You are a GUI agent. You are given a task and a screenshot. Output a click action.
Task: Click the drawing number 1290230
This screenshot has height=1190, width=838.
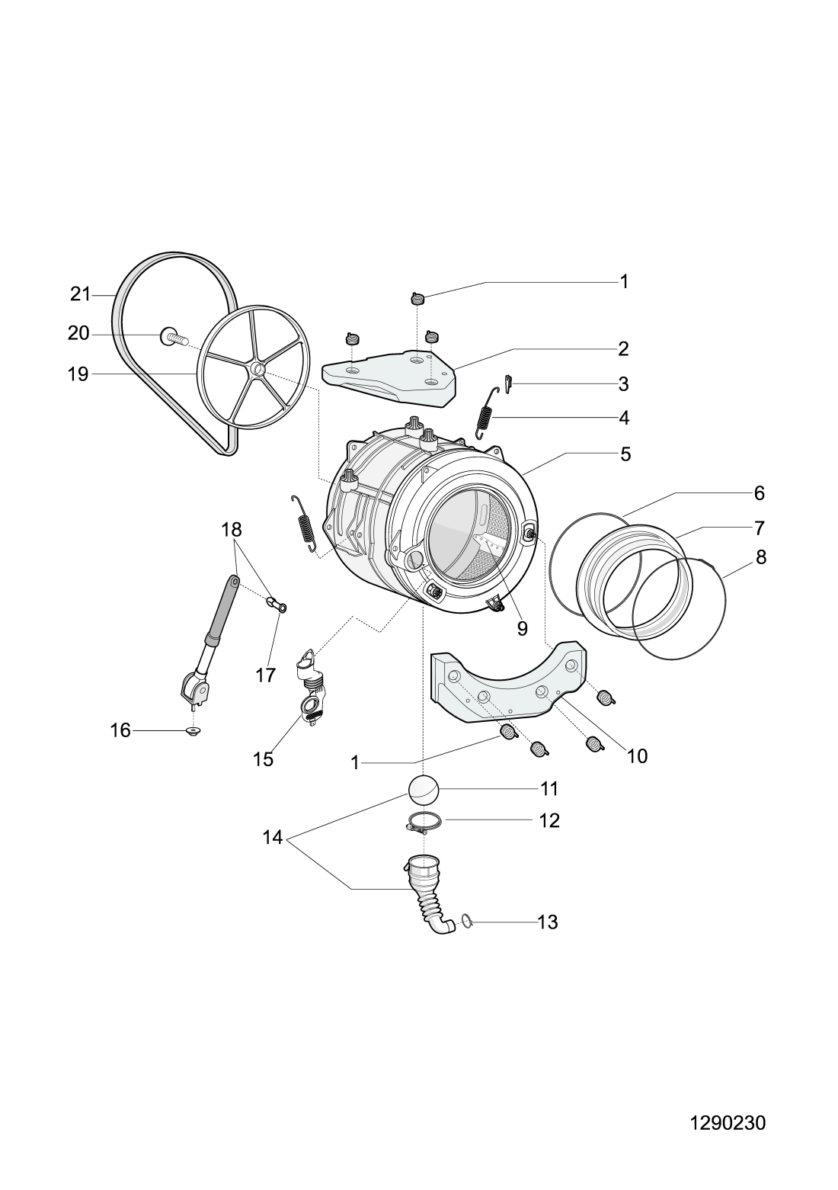tap(727, 1123)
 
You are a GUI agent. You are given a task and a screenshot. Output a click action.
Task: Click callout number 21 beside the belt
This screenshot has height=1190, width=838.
tap(80, 294)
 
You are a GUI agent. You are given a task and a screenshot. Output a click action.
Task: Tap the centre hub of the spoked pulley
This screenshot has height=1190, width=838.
tap(257, 370)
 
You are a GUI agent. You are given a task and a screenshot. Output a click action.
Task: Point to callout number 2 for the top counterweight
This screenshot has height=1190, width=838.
tap(623, 349)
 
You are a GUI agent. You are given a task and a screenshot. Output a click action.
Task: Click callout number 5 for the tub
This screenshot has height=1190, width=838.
tap(625, 455)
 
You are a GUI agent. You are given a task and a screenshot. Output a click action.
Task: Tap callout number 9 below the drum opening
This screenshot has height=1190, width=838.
tap(522, 628)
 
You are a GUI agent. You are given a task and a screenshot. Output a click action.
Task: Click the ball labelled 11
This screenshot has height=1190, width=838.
tap(424, 790)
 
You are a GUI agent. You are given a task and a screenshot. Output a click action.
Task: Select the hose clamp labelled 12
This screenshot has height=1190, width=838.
tap(424, 823)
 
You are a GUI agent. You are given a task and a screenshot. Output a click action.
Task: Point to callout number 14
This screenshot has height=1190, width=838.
tap(273, 839)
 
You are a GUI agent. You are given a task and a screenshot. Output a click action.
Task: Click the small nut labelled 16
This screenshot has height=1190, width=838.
tap(194, 733)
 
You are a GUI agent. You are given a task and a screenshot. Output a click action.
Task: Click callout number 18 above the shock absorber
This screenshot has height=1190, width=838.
tap(232, 529)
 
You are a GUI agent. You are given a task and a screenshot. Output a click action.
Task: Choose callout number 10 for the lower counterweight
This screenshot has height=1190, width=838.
tap(637, 755)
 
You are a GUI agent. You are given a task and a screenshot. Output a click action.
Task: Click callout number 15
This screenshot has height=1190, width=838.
tap(263, 759)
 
